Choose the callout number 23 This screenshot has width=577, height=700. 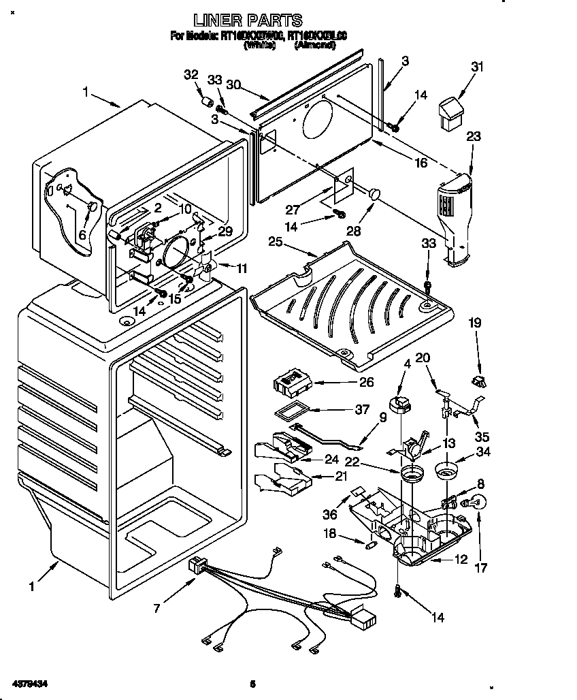point(473,136)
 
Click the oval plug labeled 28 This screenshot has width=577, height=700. point(374,195)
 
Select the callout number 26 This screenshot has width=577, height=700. point(366,382)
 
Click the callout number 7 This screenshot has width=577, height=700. point(158,607)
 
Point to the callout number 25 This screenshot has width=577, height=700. point(275,242)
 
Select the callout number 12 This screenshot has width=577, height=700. point(461,560)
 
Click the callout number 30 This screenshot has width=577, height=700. point(233,85)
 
